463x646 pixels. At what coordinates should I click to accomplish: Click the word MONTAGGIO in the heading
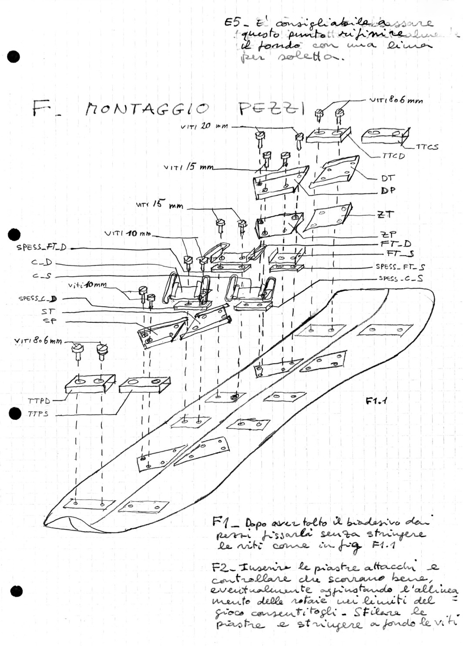[x=146, y=109]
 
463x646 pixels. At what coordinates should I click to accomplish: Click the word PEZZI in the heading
[x=271, y=108]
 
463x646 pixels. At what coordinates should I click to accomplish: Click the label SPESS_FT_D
[x=41, y=248]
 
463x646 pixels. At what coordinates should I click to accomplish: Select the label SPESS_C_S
[x=400, y=278]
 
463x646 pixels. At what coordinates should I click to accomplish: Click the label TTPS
[x=38, y=414]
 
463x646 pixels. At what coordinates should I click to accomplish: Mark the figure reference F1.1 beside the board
[x=376, y=402]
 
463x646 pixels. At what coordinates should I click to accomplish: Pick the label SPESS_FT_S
[x=400, y=266]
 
